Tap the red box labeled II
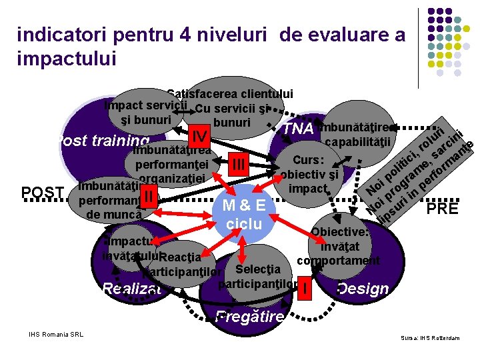[x=152, y=195]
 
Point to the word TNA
[x=298, y=129]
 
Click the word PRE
[x=443, y=209]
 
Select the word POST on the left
[x=43, y=193]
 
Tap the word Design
[x=363, y=289]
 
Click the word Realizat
[x=132, y=288]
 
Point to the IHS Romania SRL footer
[x=56, y=334]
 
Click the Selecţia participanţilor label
[x=257, y=277]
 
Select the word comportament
[x=338, y=260]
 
